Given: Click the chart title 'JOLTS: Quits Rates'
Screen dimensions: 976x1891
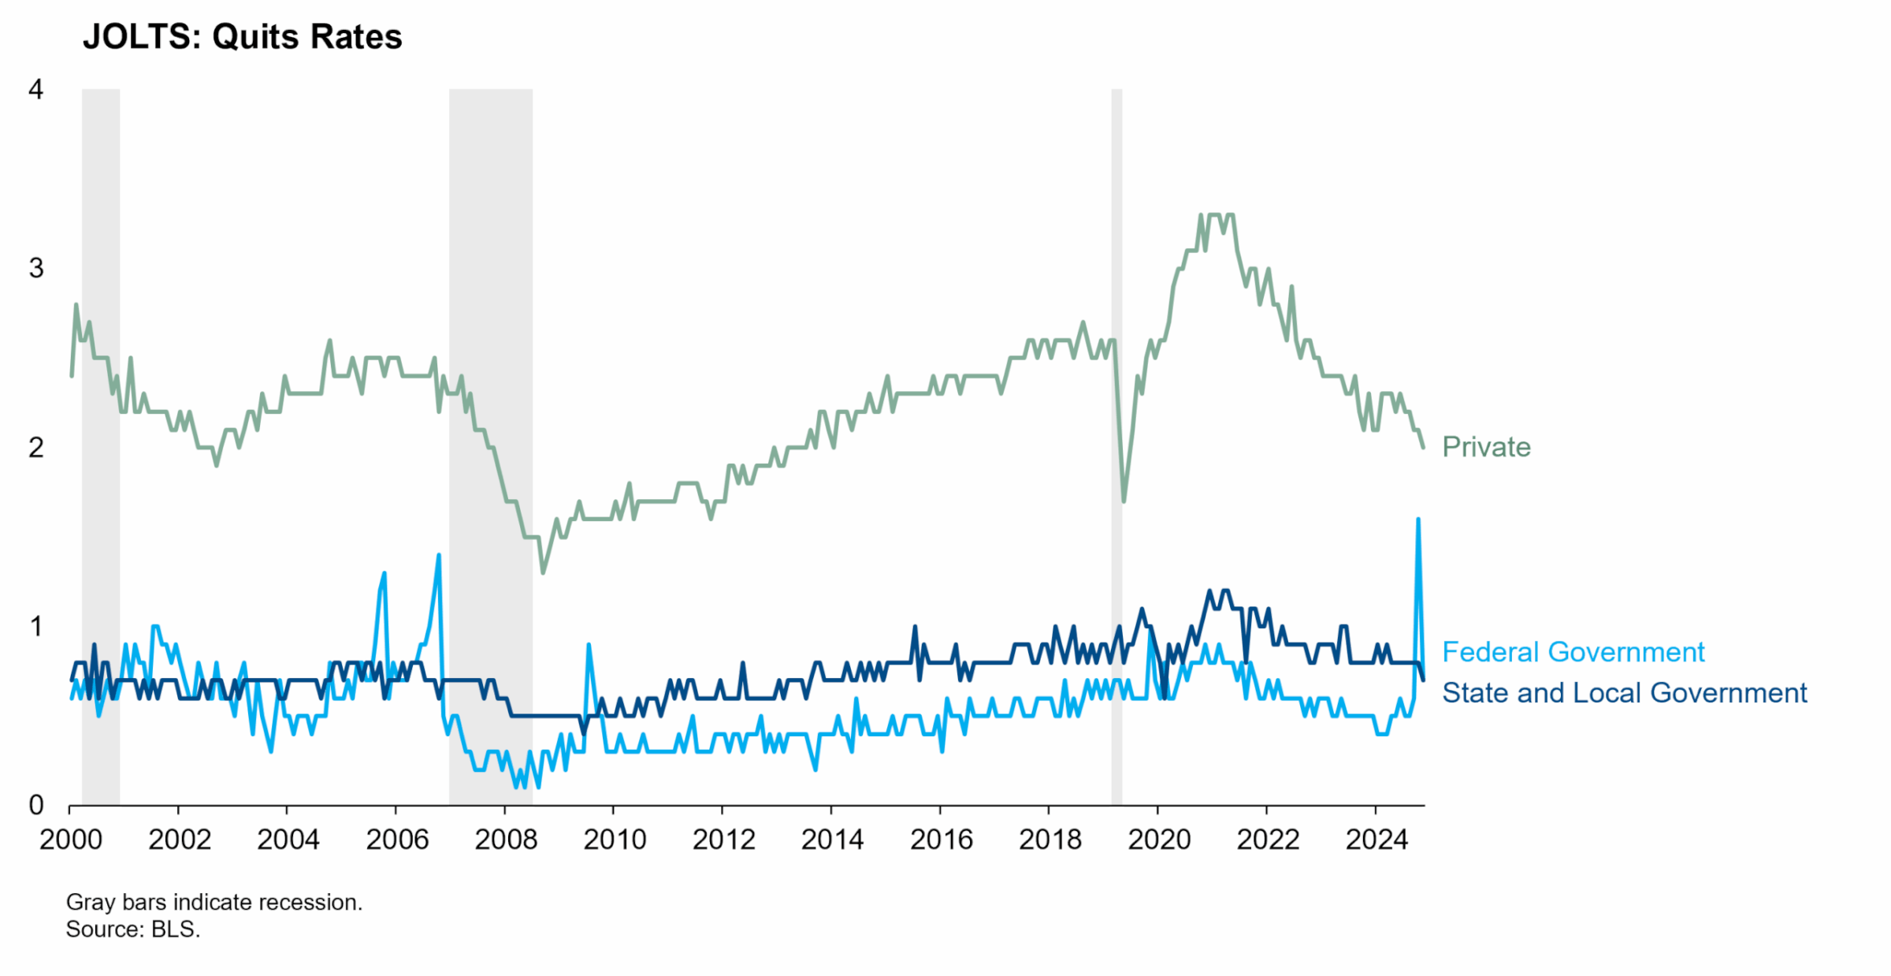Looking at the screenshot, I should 242,37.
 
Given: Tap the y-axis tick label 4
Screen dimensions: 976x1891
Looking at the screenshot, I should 35,90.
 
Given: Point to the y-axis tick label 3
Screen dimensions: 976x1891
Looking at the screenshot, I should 35,269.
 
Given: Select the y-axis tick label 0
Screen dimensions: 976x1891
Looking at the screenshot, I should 35,805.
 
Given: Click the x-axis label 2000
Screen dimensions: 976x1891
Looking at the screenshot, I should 71,840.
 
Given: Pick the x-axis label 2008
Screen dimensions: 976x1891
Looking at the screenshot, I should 506,840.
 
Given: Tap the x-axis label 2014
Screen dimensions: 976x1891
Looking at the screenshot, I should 832,840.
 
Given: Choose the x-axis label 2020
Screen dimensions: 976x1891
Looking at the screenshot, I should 1158,840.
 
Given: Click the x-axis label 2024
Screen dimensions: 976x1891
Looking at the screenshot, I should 1376,840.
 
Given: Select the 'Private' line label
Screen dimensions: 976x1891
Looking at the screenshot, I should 1486,447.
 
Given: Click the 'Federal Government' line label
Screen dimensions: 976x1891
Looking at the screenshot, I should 1573,652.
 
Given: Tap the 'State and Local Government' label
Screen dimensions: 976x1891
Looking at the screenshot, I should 1624,693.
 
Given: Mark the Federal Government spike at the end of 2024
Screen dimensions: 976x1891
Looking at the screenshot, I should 1418,520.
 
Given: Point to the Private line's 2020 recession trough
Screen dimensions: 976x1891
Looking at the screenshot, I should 1124,500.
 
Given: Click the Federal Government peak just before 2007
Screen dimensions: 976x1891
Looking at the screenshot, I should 439,556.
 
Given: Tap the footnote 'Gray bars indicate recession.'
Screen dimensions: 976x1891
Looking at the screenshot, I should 214,902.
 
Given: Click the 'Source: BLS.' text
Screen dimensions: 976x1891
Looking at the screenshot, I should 133,929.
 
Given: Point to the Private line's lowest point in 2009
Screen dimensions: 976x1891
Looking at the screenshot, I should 542,572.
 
